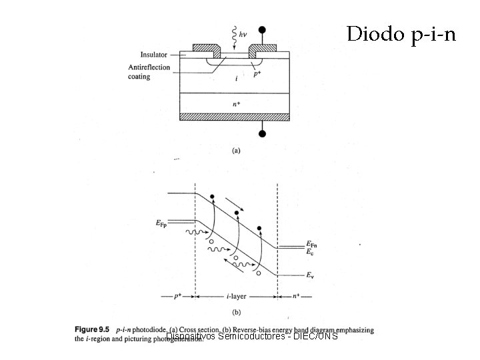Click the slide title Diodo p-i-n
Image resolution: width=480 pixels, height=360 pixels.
(401, 33)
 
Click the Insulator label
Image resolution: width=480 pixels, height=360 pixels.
(154, 55)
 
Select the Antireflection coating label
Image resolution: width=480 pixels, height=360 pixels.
(150, 72)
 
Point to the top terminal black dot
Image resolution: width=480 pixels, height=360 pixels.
(263, 30)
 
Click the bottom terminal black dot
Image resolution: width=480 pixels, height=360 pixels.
(263, 134)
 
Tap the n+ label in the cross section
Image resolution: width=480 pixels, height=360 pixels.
(236, 103)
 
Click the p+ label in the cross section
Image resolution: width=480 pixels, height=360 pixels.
(257, 74)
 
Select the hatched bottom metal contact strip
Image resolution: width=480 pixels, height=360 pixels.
(236, 116)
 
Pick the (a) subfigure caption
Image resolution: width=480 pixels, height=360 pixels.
(236, 151)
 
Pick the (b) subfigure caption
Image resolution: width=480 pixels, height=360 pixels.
(236, 312)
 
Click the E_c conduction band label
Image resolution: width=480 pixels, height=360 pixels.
(310, 252)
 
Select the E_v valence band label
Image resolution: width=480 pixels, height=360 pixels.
(310, 274)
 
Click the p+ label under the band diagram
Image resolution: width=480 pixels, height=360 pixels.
(177, 296)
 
